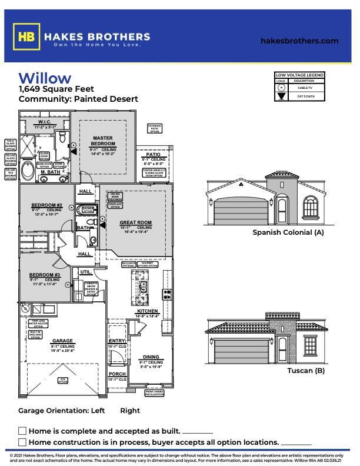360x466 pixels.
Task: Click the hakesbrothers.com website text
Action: pyautogui.click(x=299, y=41)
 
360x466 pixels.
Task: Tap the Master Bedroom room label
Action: pyautogui.click(x=102, y=141)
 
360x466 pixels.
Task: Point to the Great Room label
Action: pyautogui.click(x=136, y=223)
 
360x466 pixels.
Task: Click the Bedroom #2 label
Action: pyautogui.click(x=46, y=206)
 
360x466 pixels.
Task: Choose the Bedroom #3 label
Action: pyautogui.click(x=45, y=275)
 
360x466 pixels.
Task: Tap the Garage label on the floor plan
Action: pyautogui.click(x=62, y=341)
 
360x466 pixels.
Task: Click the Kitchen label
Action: pyautogui.click(x=147, y=311)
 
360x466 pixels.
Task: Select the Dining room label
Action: pyautogui.click(x=151, y=357)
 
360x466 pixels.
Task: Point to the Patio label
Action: pyautogui.click(x=153, y=155)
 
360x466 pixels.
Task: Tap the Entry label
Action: pyautogui.click(x=117, y=341)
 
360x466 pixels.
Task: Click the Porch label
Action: pyautogui.click(x=117, y=374)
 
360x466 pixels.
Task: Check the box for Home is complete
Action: pyautogui.click(x=22, y=431)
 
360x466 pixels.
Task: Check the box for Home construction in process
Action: pyautogui.click(x=22, y=442)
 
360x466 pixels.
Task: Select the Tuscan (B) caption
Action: pyautogui.click(x=305, y=371)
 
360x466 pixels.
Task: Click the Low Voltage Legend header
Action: pyautogui.click(x=299, y=75)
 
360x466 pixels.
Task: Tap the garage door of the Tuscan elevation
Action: pyautogui.click(x=241, y=351)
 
